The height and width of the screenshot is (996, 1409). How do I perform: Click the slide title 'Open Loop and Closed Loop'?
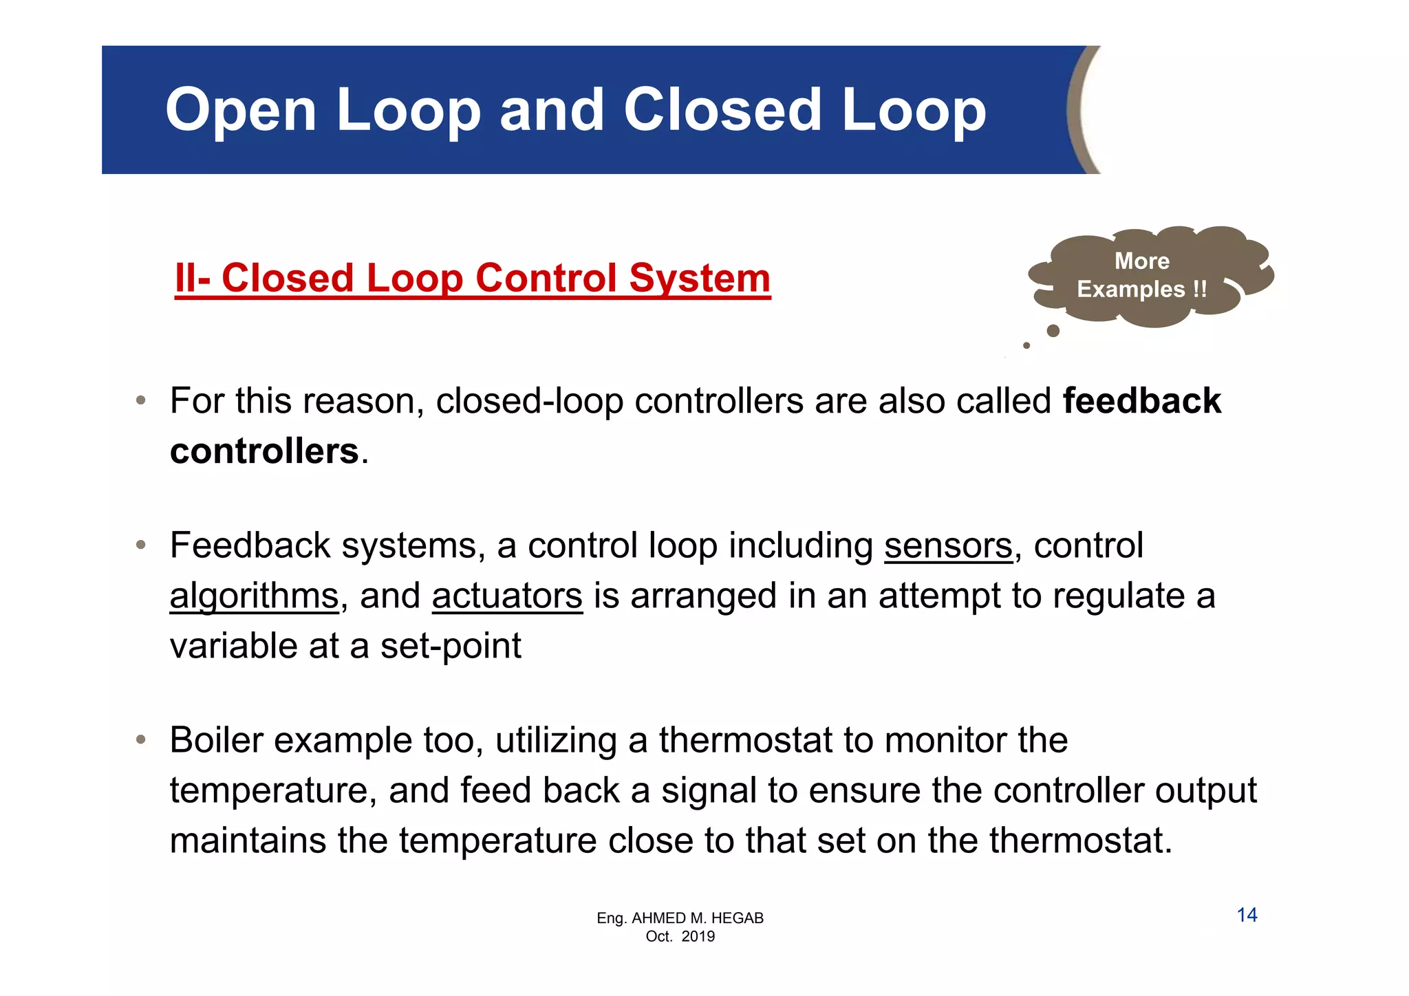[576, 110]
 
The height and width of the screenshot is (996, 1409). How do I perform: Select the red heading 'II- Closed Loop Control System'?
[473, 279]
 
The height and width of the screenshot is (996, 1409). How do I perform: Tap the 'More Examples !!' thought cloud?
[1142, 276]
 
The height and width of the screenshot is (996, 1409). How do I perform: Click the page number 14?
[1247, 915]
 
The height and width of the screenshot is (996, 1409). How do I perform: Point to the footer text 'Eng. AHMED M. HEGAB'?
[680, 918]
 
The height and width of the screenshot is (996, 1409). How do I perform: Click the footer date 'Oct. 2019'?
[680, 936]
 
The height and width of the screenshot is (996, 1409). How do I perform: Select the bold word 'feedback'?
[1141, 401]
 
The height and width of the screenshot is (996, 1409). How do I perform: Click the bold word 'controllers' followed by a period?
[264, 451]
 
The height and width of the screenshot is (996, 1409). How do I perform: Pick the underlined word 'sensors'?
[948, 545]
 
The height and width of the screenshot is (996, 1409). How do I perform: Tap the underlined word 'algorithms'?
[254, 596]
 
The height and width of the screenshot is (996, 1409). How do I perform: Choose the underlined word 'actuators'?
[507, 596]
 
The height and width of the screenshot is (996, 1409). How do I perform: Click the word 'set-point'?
[451, 646]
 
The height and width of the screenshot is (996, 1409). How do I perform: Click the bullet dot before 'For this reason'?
[141, 400]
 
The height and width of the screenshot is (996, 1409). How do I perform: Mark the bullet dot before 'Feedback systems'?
[141, 545]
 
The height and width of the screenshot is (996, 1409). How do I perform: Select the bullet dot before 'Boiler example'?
[141, 740]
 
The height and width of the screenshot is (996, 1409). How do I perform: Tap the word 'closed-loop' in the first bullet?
[529, 401]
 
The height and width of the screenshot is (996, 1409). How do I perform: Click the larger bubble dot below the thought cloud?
[1053, 331]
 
